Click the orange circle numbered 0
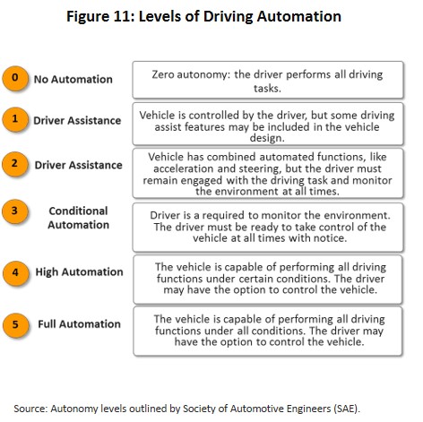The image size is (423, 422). [15, 78]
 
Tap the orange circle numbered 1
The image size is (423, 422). [15, 119]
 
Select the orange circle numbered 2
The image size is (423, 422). [15, 164]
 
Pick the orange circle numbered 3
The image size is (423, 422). [15, 211]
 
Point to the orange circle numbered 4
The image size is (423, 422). [15, 273]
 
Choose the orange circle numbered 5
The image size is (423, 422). [15, 325]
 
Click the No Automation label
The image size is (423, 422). [73, 80]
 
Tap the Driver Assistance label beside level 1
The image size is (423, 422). [77, 121]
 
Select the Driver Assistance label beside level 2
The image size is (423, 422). [78, 165]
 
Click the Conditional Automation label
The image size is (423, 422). [78, 218]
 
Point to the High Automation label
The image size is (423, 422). [79, 272]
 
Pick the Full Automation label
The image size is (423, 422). [79, 324]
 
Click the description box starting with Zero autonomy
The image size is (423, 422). [268, 80]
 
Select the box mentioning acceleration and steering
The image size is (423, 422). [268, 174]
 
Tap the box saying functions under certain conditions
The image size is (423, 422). [268, 280]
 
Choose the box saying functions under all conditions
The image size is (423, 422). [268, 332]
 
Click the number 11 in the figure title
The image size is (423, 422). [122, 16]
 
